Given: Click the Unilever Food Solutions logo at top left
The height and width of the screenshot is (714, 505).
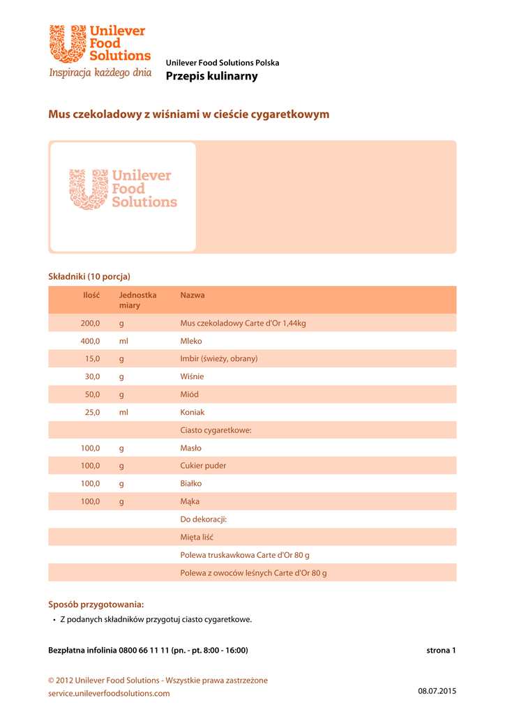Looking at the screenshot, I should [x=100, y=52].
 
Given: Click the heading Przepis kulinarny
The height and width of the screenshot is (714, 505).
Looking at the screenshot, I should [x=211, y=76].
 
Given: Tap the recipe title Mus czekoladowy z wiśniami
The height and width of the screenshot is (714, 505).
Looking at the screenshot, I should [x=188, y=114].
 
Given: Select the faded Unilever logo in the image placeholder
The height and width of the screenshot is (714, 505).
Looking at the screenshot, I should [x=123, y=189].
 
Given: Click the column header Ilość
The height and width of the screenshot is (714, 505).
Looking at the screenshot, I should [x=91, y=296].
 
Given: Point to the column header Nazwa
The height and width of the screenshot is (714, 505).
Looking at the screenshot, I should [x=193, y=296].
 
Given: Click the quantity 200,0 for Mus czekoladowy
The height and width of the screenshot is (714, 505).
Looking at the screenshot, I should [x=91, y=324].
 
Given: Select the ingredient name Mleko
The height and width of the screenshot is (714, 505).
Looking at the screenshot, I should [x=191, y=342].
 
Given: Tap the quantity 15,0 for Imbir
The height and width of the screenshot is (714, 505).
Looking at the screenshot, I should [x=93, y=359].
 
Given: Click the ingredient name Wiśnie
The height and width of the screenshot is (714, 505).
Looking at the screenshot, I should [x=192, y=377].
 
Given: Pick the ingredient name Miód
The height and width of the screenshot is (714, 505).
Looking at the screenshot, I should [x=190, y=395].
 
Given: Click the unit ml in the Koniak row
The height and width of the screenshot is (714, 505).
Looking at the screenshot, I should [x=123, y=413].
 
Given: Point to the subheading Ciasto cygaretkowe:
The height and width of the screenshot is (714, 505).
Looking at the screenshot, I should [x=216, y=431].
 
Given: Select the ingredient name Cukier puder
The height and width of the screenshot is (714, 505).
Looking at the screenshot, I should [x=203, y=466].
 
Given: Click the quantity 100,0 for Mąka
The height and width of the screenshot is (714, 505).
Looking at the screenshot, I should [x=91, y=501].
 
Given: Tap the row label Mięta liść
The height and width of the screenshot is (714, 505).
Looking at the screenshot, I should [x=197, y=538].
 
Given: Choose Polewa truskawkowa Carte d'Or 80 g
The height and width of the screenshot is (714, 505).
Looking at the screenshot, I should [x=244, y=555].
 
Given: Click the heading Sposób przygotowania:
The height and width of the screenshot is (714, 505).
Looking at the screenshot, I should [x=96, y=605].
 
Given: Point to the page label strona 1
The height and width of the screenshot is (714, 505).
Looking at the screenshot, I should [x=441, y=651].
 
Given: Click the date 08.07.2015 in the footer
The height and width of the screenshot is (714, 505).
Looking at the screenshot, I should [x=437, y=691].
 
